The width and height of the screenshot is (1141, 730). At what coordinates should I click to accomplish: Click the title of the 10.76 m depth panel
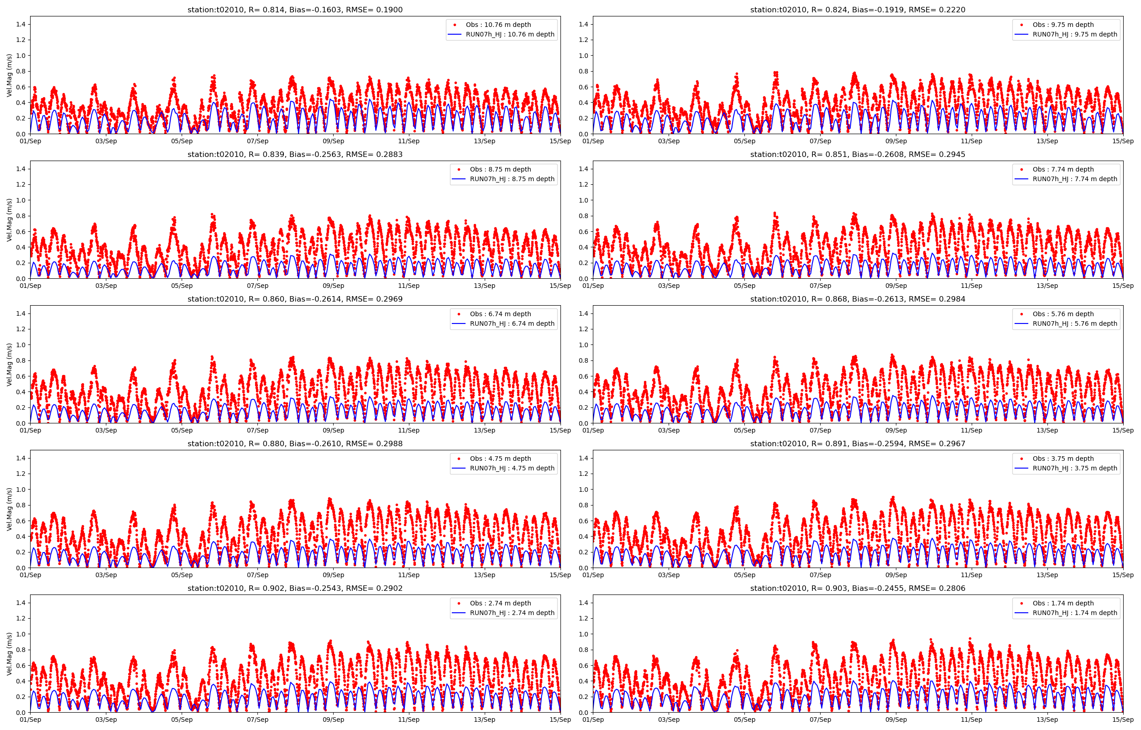(295, 10)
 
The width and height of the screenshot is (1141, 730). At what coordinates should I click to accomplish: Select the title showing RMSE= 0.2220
(858, 10)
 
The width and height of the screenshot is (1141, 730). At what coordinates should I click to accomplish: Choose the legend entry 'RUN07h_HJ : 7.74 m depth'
(1075, 179)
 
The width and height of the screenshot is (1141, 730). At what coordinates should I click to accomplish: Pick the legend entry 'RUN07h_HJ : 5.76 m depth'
(1075, 323)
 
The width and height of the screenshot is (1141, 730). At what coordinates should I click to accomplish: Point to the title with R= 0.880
(295, 443)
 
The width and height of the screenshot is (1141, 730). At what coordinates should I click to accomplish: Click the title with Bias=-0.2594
(858, 443)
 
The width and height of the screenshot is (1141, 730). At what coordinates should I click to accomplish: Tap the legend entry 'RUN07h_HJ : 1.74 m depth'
(1075, 612)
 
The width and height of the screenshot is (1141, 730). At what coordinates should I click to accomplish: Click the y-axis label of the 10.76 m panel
(10, 75)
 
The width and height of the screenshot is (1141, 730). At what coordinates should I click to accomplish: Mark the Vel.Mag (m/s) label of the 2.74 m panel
(10, 654)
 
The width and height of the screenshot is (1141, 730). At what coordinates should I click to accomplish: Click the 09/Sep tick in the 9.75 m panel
(896, 141)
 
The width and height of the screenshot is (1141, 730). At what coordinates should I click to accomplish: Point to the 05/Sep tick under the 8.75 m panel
(182, 286)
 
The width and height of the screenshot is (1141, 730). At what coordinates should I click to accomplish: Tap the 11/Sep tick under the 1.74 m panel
(971, 720)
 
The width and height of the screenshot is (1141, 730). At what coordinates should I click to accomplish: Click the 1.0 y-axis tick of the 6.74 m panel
(21, 344)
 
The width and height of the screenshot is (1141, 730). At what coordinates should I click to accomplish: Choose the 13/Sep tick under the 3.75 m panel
(1047, 575)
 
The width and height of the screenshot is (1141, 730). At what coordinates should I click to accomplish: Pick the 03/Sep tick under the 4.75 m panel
(106, 575)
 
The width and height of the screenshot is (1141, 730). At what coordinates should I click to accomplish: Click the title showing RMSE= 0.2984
(858, 299)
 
